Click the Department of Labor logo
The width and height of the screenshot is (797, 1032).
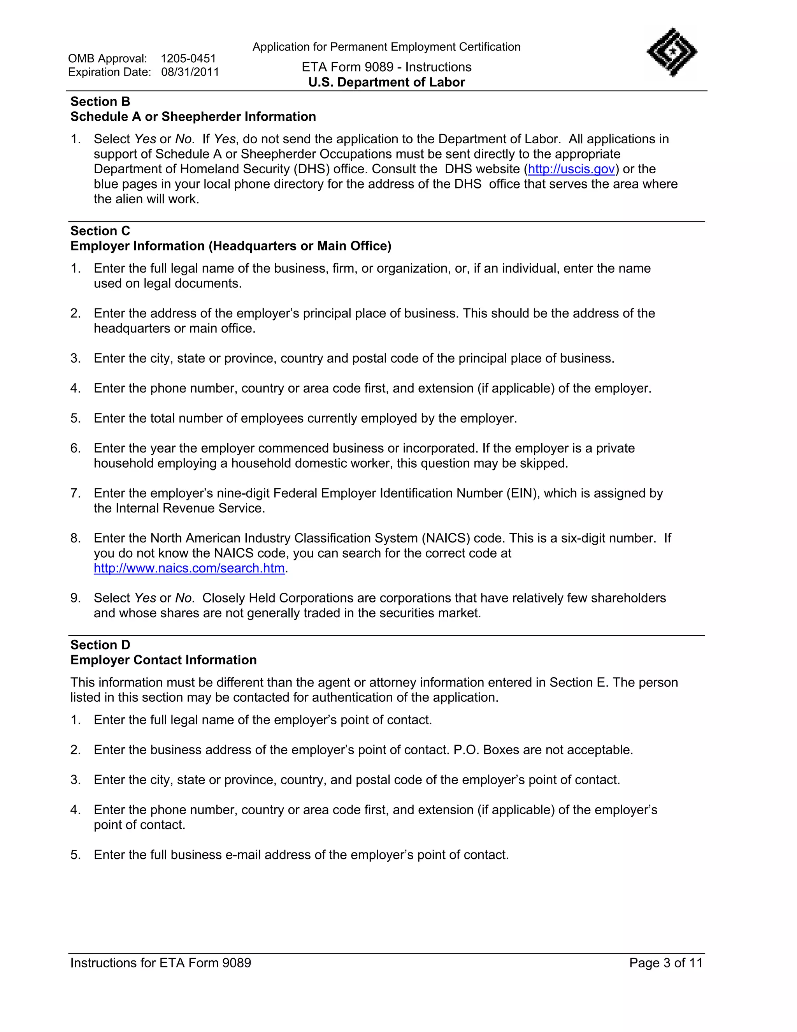coord(671,52)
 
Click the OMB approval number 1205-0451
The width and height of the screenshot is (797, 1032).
coord(188,58)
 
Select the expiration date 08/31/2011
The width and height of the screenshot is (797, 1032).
coord(190,72)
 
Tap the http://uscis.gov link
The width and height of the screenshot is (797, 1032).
coord(571,169)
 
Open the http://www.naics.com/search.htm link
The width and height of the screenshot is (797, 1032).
coord(189,569)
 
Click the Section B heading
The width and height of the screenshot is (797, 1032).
coord(100,102)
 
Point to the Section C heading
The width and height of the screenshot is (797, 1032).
coord(100,231)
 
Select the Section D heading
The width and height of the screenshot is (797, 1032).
coord(100,645)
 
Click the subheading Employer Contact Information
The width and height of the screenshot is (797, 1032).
coord(163,660)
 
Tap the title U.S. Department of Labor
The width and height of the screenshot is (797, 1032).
coord(386,82)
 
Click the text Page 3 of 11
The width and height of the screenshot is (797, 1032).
coord(666,963)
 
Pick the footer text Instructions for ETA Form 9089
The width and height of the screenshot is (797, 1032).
coord(161,963)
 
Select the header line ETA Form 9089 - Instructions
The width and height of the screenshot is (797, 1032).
coord(386,67)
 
